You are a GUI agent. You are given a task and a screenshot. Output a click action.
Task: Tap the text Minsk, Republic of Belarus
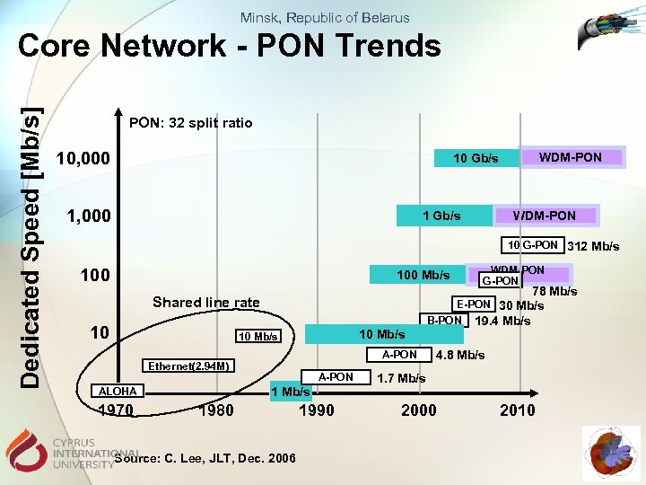325,17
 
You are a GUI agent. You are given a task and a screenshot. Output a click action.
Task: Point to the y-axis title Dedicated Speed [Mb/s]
31,248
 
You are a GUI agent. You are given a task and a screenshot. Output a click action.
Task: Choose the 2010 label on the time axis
517,410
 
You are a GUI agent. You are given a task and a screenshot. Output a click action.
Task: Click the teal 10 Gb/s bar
475,159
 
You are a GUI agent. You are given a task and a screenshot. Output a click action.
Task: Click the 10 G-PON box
531,245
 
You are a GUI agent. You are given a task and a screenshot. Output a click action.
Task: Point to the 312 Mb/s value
593,247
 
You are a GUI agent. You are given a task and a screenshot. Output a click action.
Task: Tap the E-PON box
473,304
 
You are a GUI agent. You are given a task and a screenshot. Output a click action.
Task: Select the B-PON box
444,321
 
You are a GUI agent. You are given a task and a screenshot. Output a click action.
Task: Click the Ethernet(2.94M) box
190,366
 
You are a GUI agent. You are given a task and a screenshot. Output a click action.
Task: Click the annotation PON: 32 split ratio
191,122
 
